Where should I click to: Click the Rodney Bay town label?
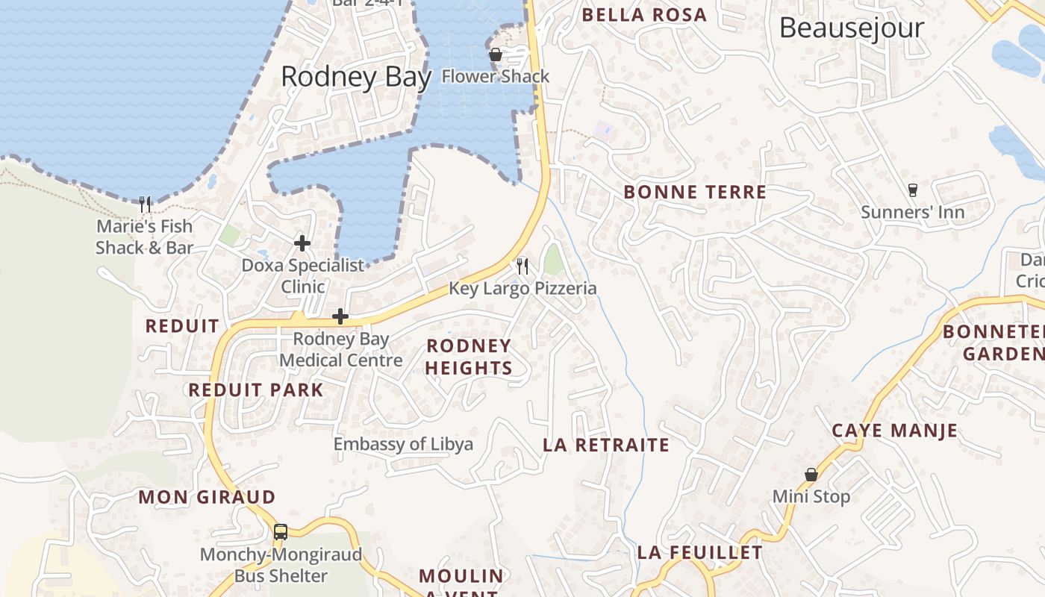[356, 78]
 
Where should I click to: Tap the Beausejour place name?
[852, 28]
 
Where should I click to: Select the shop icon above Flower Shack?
[495, 54]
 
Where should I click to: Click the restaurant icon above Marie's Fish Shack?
[145, 204]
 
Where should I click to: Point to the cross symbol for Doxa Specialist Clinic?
[302, 243]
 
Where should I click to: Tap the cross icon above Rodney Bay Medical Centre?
[340, 316]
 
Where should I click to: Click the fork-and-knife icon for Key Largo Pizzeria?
[522, 266]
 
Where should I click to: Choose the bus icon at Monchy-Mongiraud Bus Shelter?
[281, 532]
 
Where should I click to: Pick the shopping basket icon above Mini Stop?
[811, 475]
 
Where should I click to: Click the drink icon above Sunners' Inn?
[912, 190]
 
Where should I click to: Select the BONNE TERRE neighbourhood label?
[695, 193]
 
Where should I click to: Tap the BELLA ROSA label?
[644, 15]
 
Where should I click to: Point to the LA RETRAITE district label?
[606, 446]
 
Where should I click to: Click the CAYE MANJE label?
[894, 431]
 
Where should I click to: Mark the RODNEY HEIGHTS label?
[469, 357]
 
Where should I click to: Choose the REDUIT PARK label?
[256, 390]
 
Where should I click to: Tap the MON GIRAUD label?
[207, 497]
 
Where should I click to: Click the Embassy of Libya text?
[403, 445]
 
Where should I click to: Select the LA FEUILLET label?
[699, 553]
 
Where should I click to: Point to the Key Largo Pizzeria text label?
[522, 288]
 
